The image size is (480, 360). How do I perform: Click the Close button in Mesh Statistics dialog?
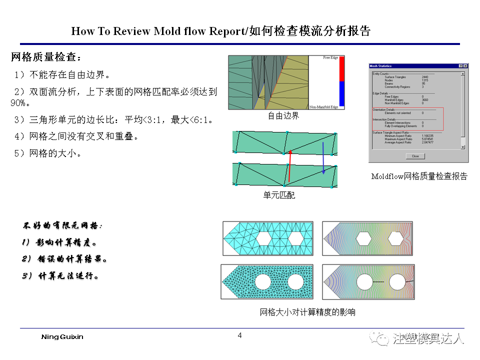[x=415, y=156]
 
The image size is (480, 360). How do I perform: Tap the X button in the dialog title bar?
[x=465, y=66]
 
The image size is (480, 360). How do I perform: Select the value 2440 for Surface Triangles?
[x=424, y=77]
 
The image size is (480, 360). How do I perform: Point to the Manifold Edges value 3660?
[x=424, y=100]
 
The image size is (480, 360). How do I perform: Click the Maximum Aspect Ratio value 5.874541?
[x=426, y=139]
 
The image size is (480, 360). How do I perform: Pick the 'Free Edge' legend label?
[x=330, y=58]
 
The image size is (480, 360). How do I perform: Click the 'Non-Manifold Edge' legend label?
[x=324, y=107]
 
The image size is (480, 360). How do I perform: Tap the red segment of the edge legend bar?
[x=342, y=69]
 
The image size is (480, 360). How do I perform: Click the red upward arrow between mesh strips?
[x=289, y=167]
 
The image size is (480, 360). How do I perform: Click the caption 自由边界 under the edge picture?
[x=283, y=116]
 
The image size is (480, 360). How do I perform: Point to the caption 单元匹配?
[x=279, y=195]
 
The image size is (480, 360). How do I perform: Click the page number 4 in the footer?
[x=239, y=335]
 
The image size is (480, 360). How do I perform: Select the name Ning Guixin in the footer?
[x=62, y=337]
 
